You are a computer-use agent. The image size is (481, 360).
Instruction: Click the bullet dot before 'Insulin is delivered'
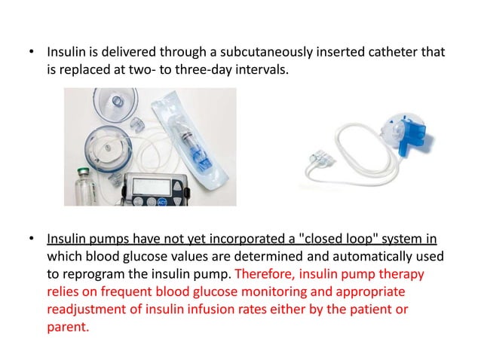tap(31, 53)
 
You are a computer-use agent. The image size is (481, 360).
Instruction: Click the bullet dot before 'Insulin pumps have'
tap(31, 240)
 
